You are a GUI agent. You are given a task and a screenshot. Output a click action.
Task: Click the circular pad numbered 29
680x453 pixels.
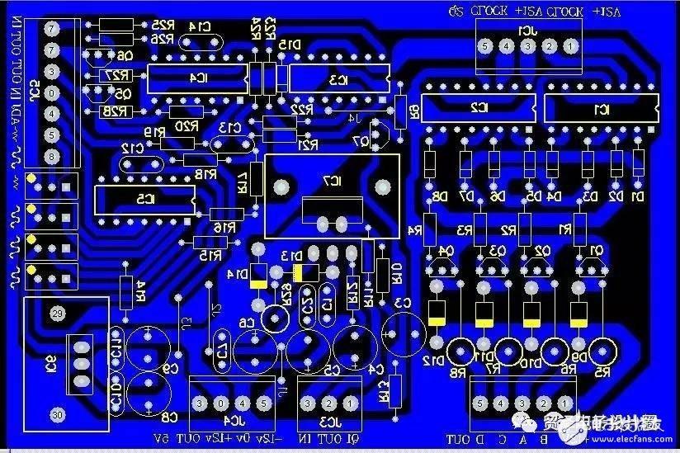point(57,314)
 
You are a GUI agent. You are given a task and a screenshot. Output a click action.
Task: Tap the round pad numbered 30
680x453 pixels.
point(57,414)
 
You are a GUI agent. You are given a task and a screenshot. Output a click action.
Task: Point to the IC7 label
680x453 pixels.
point(329,180)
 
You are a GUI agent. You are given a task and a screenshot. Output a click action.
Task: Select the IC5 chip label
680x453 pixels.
point(145,199)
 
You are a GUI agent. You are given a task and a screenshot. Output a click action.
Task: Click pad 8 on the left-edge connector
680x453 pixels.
point(52,156)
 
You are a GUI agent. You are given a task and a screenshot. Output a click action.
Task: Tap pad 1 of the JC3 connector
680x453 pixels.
point(351,403)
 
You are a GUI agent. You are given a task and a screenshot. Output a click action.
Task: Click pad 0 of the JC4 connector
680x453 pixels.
point(221,403)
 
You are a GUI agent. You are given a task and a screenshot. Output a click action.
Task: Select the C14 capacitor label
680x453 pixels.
point(198,26)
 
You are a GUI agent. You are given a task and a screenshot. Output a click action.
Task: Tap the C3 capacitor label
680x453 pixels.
point(402,304)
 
